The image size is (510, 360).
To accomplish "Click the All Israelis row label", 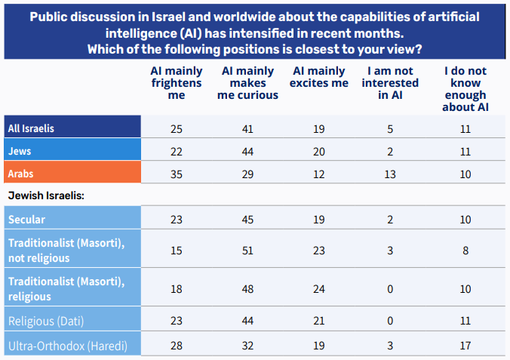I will (x=31, y=128).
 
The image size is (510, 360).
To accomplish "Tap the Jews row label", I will (x=20, y=151).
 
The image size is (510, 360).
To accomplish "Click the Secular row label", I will (x=28, y=220).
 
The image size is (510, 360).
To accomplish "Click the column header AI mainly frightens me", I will (x=176, y=83).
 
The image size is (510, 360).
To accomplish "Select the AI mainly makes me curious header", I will (x=247, y=83).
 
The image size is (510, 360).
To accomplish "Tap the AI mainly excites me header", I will (x=320, y=77).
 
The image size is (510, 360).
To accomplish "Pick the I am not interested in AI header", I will (x=390, y=83).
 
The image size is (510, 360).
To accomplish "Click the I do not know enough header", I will (x=465, y=89).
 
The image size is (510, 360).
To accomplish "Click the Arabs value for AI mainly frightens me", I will (x=176, y=174).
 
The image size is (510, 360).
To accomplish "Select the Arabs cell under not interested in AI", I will (x=390, y=174).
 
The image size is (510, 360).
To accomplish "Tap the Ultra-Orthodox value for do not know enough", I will (x=465, y=346).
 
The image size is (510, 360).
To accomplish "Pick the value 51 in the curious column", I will (x=247, y=251).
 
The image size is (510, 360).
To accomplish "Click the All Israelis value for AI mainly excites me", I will (x=320, y=129).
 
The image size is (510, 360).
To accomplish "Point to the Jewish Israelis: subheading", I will (x=45, y=195).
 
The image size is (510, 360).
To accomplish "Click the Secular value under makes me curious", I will (x=247, y=220).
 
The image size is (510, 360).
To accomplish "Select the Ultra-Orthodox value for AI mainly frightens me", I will (x=176, y=346).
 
